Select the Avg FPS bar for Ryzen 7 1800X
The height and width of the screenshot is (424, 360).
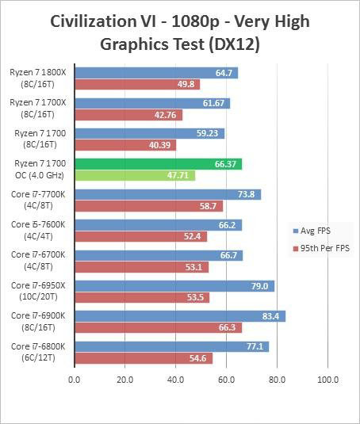click(x=155, y=73)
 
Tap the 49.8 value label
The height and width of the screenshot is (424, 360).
click(x=187, y=85)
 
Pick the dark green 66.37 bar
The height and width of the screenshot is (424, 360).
click(x=158, y=164)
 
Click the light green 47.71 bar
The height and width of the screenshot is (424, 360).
click(x=134, y=176)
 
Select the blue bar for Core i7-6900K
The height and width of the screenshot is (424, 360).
click(x=179, y=316)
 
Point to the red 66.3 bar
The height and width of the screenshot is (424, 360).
click(x=158, y=328)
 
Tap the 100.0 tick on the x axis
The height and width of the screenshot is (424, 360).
click(x=327, y=379)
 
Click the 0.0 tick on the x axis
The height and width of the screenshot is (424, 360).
click(x=75, y=379)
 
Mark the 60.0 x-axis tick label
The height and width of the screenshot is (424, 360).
click(x=226, y=379)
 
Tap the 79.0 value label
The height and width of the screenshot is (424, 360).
click(x=262, y=286)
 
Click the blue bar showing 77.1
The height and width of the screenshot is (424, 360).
click(x=171, y=346)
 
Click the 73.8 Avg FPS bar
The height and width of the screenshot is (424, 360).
click(x=167, y=195)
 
